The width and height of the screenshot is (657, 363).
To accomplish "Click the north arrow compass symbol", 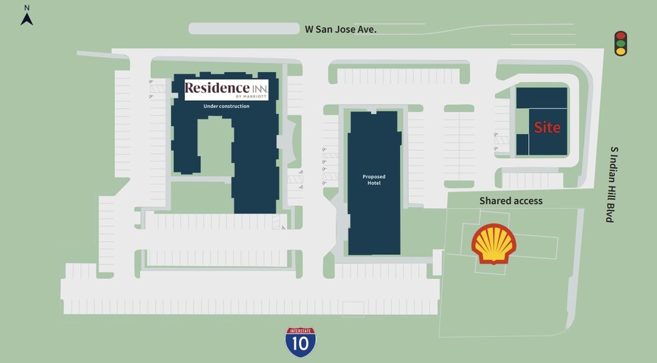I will (27, 19).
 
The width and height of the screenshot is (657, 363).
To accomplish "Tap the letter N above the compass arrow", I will (27, 7).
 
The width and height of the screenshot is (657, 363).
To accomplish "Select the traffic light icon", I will (621, 43).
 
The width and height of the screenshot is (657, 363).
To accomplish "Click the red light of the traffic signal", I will (621, 36).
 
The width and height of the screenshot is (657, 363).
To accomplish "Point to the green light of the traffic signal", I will (621, 51).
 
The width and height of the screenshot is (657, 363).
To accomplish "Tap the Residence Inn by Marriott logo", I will (226, 89).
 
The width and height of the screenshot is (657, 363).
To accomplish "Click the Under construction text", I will (226, 106).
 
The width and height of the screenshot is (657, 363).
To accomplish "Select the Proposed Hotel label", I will (374, 179).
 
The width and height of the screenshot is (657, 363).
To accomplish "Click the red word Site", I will (546, 127).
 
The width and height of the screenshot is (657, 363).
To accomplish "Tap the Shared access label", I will (511, 201).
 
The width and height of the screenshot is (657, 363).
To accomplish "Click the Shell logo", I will (494, 244).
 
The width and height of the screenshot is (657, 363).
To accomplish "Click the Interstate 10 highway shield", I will (300, 342).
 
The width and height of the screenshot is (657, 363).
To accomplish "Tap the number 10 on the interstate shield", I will (300, 344).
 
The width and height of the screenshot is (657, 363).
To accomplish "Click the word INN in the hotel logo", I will (259, 88).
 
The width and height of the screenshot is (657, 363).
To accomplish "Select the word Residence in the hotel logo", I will (217, 88).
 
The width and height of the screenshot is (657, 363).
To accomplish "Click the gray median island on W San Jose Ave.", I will (244, 29).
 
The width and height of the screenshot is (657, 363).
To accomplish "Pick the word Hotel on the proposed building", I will (374, 183).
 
